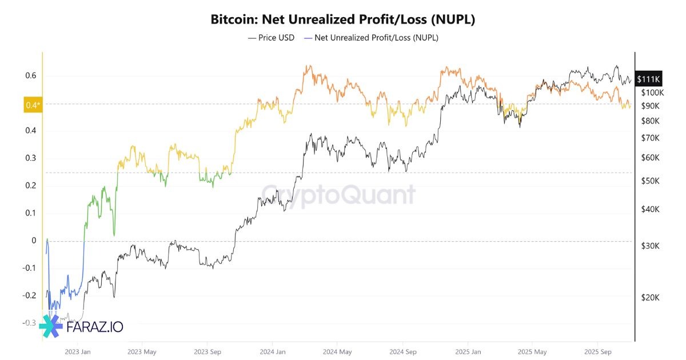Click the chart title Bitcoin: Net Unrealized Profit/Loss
coord(343,19)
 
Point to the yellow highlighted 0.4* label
coord(33,105)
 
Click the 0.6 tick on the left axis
coord(31,75)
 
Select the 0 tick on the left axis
coord(34,241)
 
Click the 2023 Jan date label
coord(78,352)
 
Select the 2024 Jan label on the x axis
coord(272,352)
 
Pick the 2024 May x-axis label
coord(337,352)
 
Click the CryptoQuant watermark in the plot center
coord(338,195)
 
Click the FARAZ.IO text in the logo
coord(95,327)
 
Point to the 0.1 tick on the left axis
coord(31,213)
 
